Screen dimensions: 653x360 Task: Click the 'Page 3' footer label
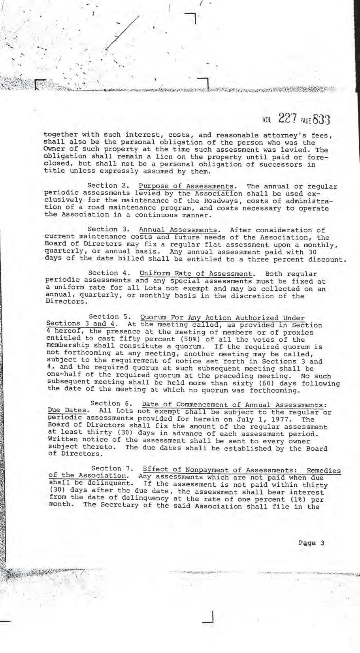click(311, 542)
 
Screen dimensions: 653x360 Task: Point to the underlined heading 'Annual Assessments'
click(178, 230)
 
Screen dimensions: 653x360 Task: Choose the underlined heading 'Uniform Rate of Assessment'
click(196, 273)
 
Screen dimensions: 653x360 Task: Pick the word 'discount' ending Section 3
click(326, 260)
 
